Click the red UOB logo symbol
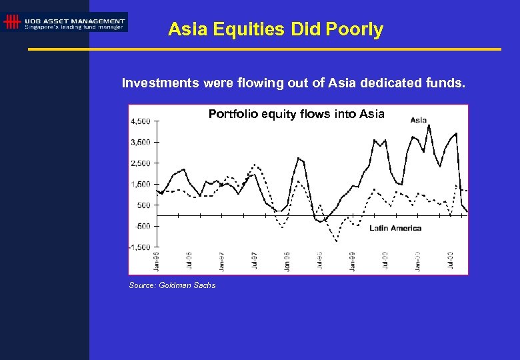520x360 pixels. pyautogui.click(x=11, y=23)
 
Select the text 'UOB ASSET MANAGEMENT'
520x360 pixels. pyautogui.click(x=74, y=21)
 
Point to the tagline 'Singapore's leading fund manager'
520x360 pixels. pyautogui.click(x=74, y=27)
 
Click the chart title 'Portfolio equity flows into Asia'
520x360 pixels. pyautogui.click(x=296, y=114)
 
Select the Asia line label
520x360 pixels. pyautogui.click(x=419, y=121)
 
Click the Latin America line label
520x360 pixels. pyautogui.click(x=395, y=228)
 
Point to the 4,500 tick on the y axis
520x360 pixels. pyautogui.click(x=140, y=121)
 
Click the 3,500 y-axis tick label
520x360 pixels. pyautogui.click(x=140, y=142)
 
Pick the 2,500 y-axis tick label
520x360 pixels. pyautogui.click(x=140, y=163)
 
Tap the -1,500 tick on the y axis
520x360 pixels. pyautogui.click(x=139, y=247)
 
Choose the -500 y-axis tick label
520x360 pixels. pyautogui.click(x=141, y=226)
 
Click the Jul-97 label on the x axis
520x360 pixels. pyautogui.click(x=255, y=261)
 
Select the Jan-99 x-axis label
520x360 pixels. pyautogui.click(x=353, y=261)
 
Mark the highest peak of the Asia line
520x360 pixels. pyautogui.click(x=428, y=125)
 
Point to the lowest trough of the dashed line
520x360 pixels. pyautogui.click(x=337, y=241)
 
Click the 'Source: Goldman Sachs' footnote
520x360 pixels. pyautogui.click(x=172, y=285)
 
